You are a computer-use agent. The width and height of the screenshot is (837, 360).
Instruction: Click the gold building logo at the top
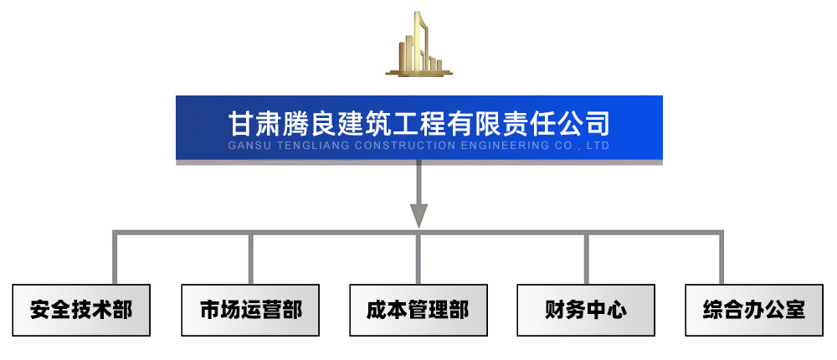tap(418, 45)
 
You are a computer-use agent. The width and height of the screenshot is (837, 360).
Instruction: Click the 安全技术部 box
tap(81, 310)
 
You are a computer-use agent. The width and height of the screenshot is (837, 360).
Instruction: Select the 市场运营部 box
tap(250, 310)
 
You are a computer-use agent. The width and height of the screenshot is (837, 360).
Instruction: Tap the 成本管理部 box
tap(418, 310)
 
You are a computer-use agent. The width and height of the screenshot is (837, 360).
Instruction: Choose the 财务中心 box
tap(586, 310)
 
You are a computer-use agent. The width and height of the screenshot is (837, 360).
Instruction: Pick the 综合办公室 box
tap(754, 310)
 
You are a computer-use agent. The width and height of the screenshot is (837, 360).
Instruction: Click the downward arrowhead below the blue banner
tap(418, 215)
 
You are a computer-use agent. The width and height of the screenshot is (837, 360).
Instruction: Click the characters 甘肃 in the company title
tap(254, 124)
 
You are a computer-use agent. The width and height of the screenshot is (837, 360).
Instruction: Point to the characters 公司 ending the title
tap(583, 124)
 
